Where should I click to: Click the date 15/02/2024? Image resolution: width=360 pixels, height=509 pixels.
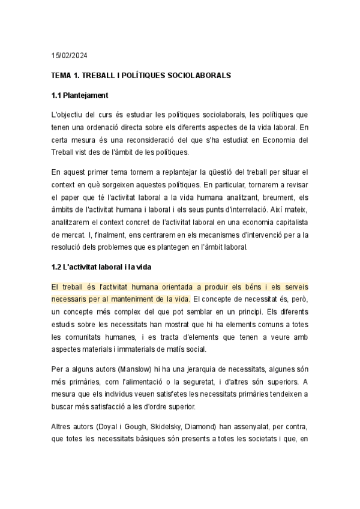click(69, 56)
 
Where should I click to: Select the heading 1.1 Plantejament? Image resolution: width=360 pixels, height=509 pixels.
click(79, 95)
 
